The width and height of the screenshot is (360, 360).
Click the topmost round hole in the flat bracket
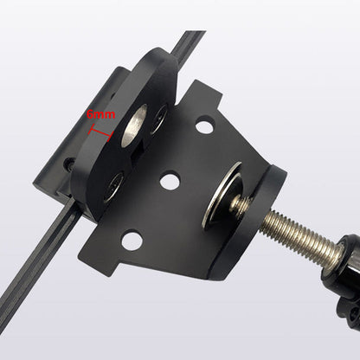click(204, 127)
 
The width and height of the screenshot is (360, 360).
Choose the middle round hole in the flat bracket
click(170, 182)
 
